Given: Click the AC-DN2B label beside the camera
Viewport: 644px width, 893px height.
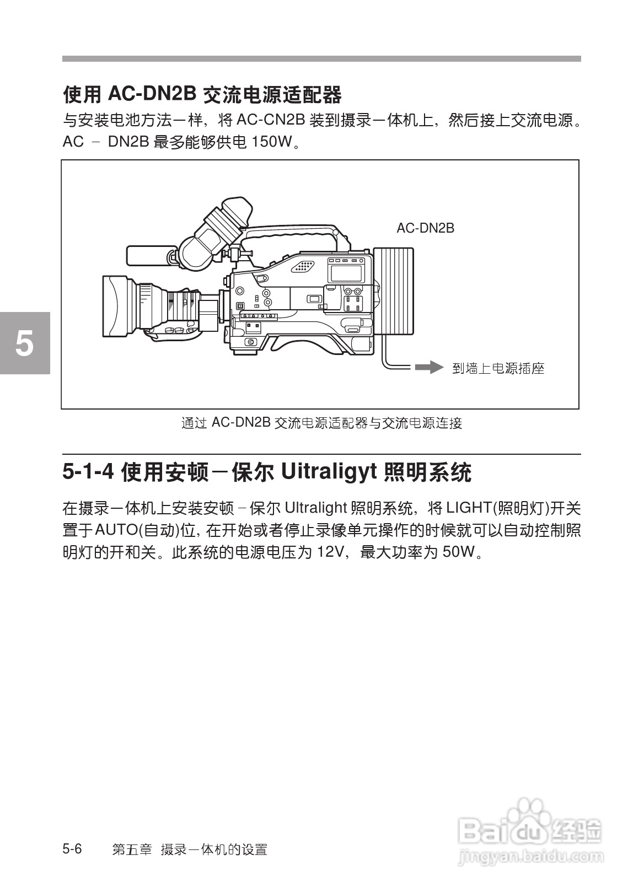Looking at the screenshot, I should point(425,228).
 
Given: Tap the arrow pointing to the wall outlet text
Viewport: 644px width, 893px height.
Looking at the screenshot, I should point(429,368).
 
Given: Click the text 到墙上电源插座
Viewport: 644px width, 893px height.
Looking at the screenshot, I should point(498,368).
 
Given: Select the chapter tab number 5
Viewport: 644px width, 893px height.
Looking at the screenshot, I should point(24,343).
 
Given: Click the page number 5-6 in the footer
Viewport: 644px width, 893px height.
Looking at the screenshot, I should point(72,849).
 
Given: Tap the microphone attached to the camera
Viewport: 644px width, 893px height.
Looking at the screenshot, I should point(146,256).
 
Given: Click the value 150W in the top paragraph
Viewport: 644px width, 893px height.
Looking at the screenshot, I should point(270,142).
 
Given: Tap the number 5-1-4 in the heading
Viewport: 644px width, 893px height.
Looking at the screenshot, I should point(88,472).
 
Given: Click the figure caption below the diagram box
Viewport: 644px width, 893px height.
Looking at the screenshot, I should point(321,423).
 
